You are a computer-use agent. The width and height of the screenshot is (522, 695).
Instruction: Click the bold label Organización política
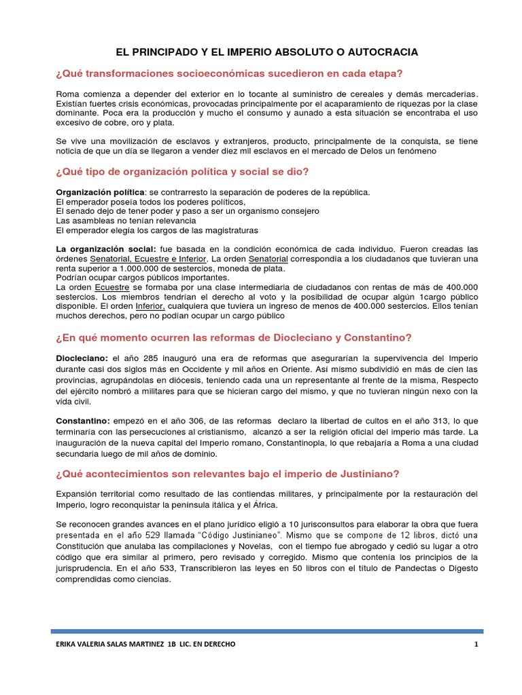point(99,192)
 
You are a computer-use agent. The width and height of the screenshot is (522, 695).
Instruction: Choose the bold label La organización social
point(105,250)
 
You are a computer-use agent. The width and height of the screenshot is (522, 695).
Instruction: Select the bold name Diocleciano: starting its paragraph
point(82,358)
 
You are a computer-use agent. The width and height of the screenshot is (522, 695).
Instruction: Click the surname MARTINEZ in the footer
point(139,644)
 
